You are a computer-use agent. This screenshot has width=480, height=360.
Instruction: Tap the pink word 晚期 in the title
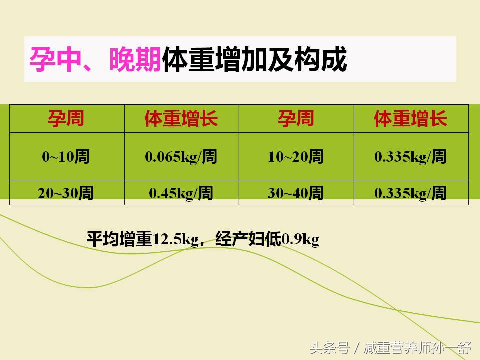click(135, 60)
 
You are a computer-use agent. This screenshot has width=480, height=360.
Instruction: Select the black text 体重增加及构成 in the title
click(254, 60)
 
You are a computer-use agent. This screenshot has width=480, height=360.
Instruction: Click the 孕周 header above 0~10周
click(66, 119)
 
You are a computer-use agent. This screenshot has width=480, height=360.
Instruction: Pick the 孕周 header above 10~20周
click(296, 119)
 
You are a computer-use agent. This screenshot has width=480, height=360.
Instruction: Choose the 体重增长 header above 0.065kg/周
click(181, 119)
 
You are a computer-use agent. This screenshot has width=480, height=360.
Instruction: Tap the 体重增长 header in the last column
click(411, 119)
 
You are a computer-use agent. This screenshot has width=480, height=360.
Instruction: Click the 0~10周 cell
click(66, 157)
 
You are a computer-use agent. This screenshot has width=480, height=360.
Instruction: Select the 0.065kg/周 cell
click(181, 157)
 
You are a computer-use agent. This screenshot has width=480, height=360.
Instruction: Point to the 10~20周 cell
click(296, 157)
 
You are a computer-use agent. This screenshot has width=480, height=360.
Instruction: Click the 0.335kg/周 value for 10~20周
click(411, 157)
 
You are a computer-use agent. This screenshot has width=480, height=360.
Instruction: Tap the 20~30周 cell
click(66, 193)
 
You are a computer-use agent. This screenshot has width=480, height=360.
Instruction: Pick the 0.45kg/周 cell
click(181, 193)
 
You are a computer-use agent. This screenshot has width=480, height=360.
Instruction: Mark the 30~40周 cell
click(296, 193)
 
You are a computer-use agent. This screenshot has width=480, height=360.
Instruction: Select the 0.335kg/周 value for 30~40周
click(411, 193)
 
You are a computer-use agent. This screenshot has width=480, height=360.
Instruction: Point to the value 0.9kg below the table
click(300, 240)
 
